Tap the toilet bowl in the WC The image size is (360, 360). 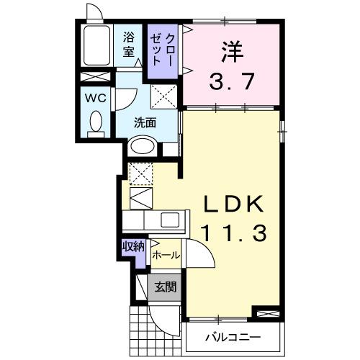tap(94, 123)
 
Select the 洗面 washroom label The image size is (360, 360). tap(145, 122)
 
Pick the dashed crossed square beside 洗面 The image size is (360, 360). tap(163, 96)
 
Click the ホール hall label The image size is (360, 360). tap(165, 255)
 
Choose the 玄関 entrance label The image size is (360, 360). tap(166, 287)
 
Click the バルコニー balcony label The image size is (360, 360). tap(231, 336)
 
